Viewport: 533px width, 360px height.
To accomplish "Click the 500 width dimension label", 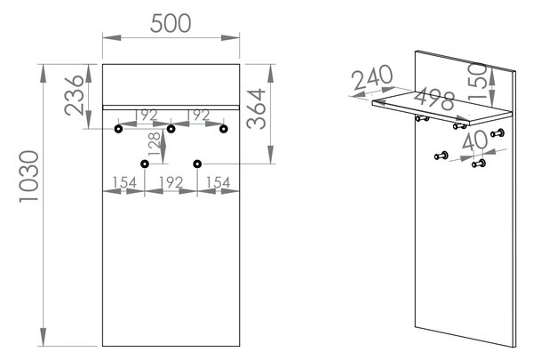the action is tap(171, 23).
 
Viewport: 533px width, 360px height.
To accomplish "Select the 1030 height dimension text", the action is tap(29, 177).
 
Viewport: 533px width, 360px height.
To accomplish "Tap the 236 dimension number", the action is tap(74, 95).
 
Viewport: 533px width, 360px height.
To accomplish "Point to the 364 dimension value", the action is tap(256, 108).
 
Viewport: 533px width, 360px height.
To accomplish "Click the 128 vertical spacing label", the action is tap(154, 144).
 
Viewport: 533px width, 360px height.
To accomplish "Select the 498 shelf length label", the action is tap(434, 99).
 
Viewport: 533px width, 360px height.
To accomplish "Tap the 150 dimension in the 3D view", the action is tap(477, 82).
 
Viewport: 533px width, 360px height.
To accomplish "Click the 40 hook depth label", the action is tap(475, 140).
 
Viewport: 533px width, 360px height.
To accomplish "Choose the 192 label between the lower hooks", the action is tap(171, 183).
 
